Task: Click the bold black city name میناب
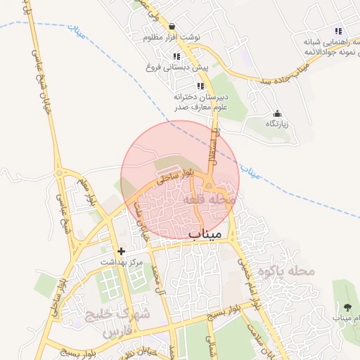205,232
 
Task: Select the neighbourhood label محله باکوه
284,270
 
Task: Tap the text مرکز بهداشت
121,262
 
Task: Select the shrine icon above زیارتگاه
276,113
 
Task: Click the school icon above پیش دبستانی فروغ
176,56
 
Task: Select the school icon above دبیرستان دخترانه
200,86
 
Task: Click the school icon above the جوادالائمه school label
338,31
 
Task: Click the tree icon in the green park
348,307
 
